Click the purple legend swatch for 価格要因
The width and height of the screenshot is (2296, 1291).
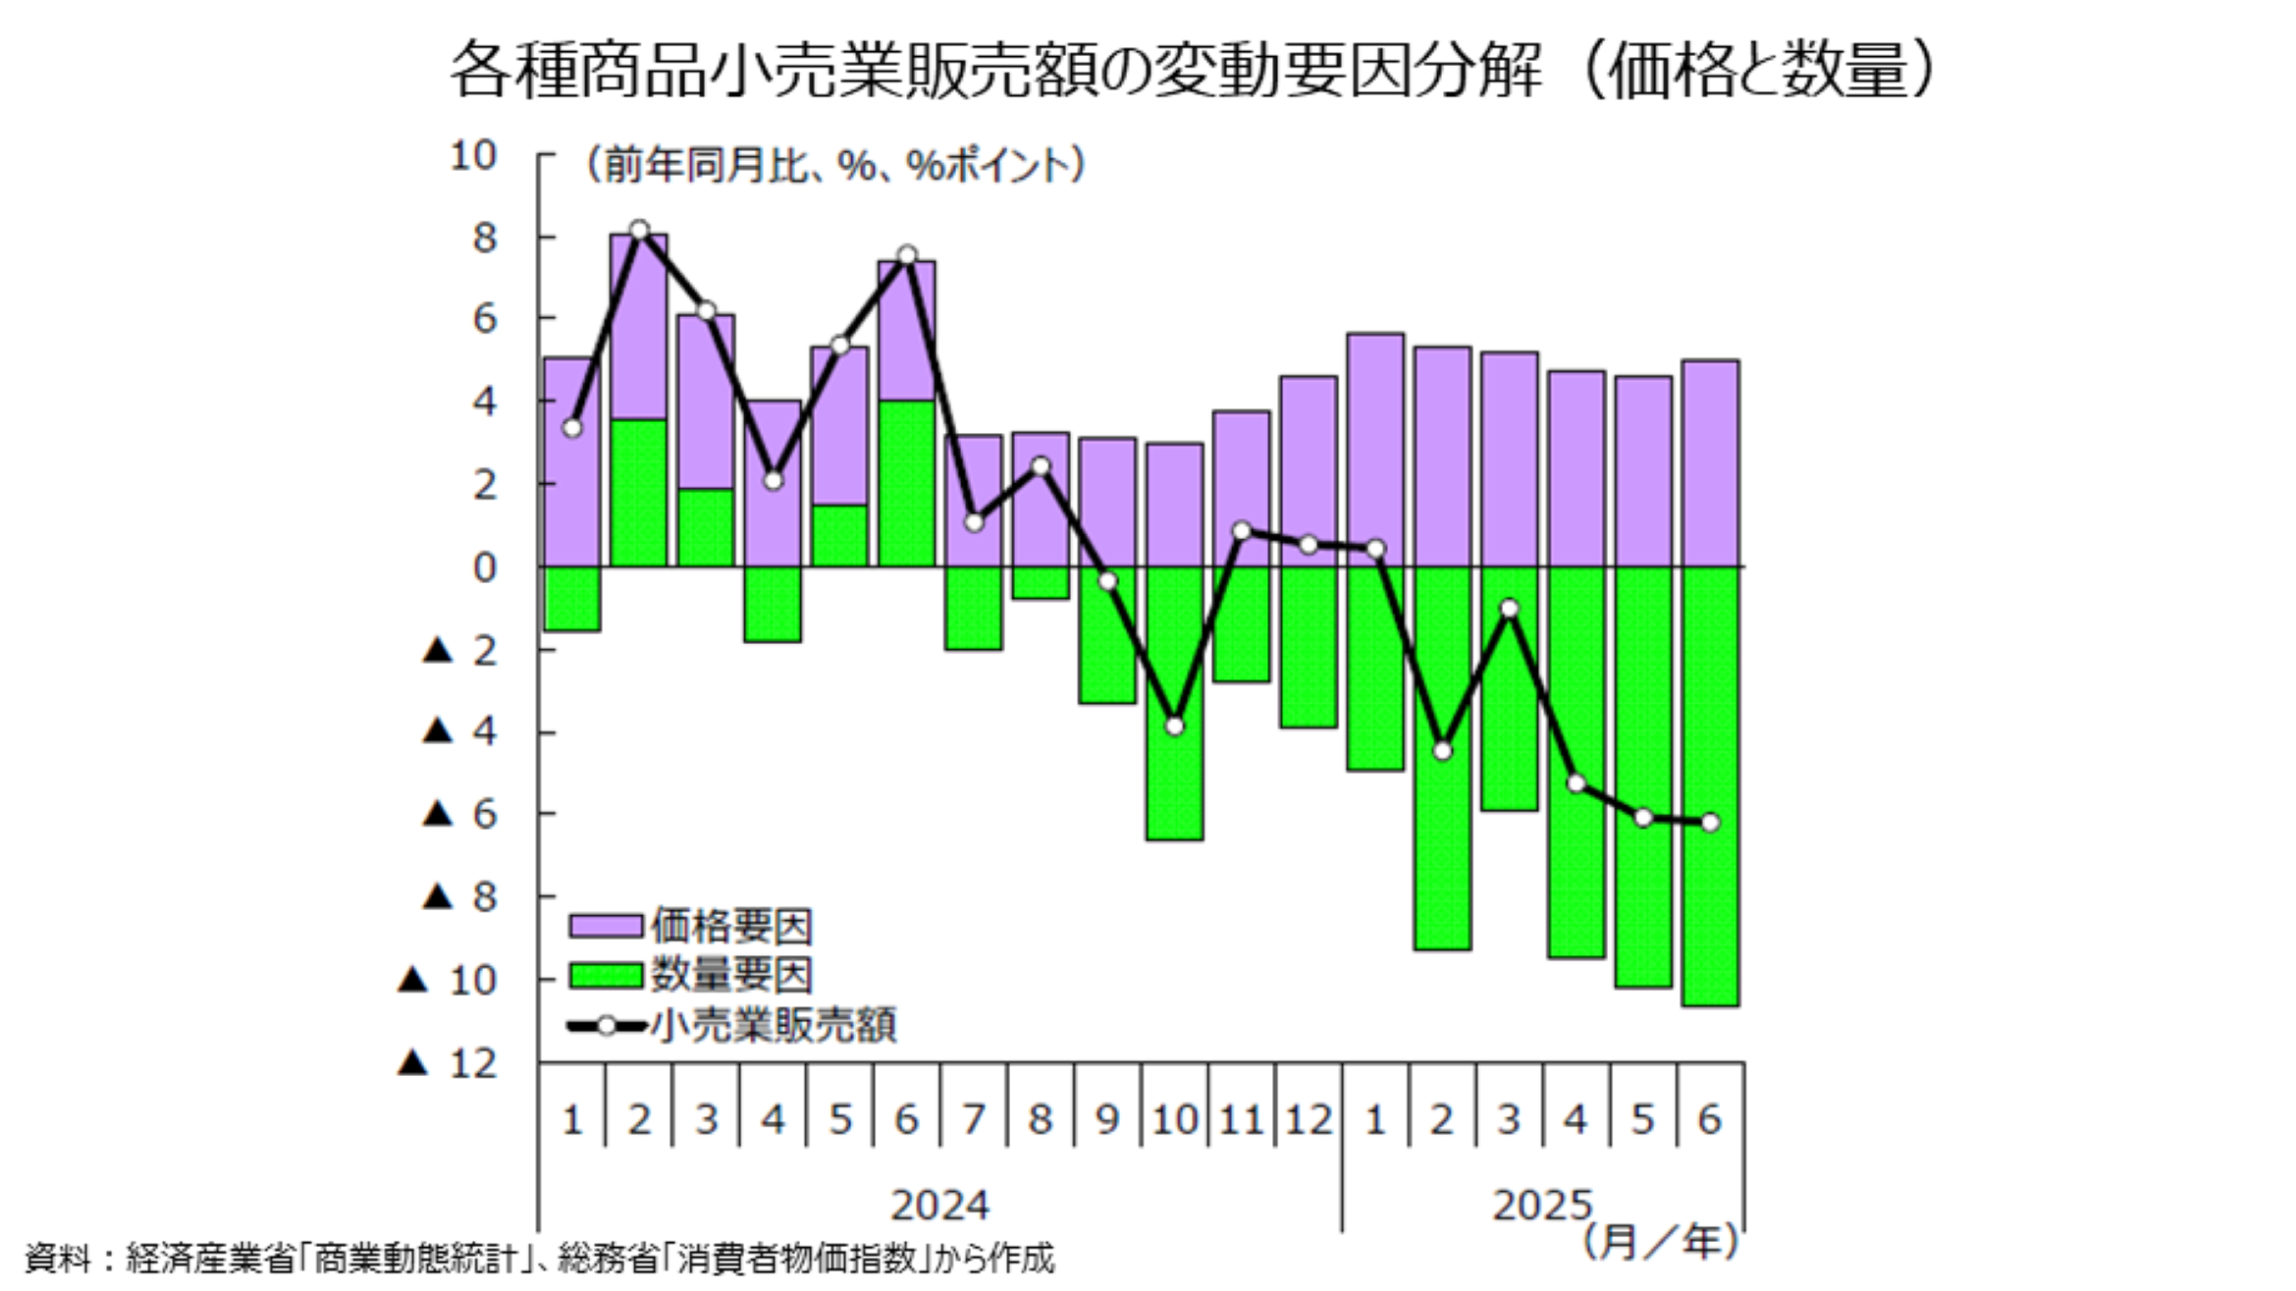tap(606, 925)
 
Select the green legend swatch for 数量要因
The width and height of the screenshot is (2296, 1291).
tap(606, 975)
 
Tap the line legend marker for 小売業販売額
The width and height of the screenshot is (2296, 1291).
tap(607, 1026)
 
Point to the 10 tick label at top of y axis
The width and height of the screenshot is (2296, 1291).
tap(473, 155)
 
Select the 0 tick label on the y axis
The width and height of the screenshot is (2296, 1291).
tap(485, 567)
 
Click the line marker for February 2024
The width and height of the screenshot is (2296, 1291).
tap(639, 231)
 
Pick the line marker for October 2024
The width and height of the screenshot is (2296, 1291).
tap(1175, 726)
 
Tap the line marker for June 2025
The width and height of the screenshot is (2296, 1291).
tap(1710, 822)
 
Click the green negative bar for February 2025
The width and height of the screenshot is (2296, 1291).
tap(1442, 844)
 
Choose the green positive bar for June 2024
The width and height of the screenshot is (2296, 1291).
tap(907, 483)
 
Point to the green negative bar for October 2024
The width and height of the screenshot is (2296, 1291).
tap(1175, 785)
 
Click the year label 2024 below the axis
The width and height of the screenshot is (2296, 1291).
tap(939, 1205)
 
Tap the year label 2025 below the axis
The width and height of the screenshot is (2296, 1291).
tap(1542, 1205)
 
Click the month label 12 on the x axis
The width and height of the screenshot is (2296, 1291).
tap(1308, 1119)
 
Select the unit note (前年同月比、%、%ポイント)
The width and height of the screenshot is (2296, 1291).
tap(835, 165)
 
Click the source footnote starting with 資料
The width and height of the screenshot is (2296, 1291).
tap(540, 1258)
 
